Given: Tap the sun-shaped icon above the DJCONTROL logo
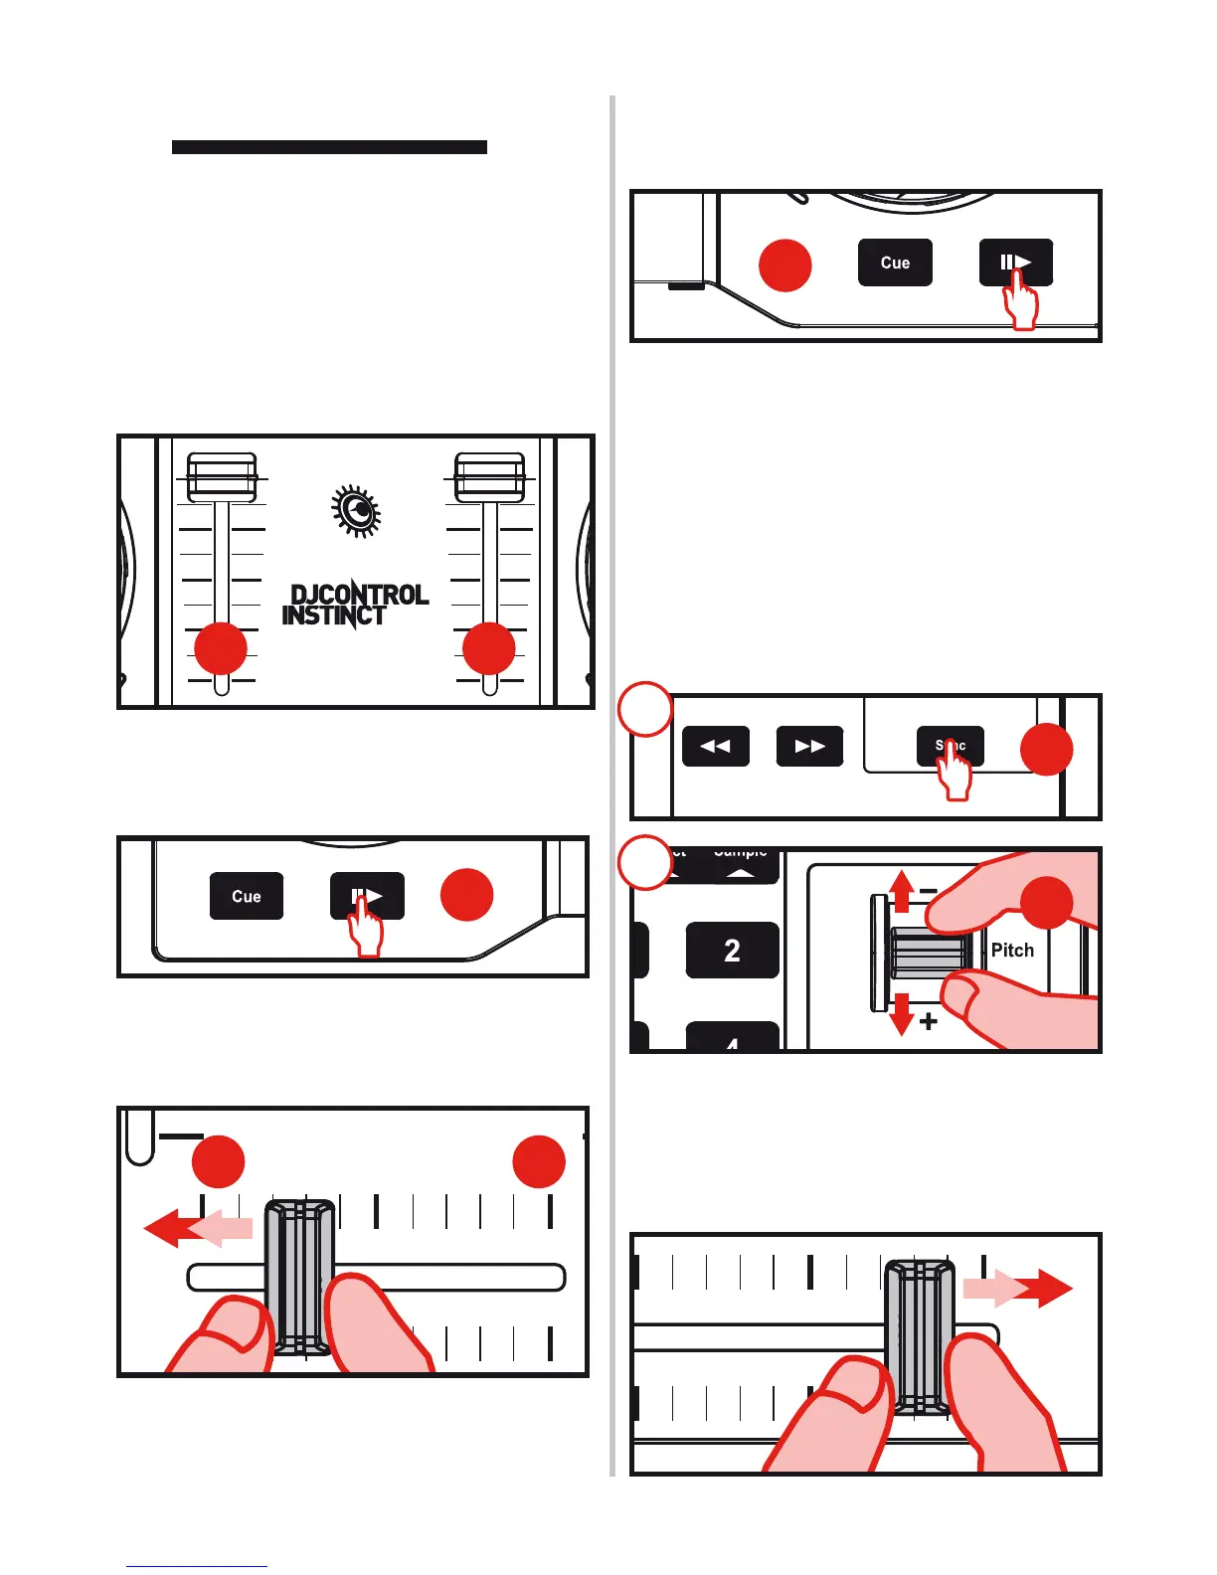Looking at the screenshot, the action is (356, 511).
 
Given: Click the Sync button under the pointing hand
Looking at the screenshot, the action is (951, 747).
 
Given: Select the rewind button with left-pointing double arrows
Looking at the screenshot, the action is (716, 747).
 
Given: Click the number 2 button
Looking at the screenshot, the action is (732, 951).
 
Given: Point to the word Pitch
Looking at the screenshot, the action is (1012, 950).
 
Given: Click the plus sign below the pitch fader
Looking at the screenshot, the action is (929, 1021).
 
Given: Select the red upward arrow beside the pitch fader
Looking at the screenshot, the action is (901, 891).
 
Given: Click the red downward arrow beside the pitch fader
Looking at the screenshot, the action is (901, 1012).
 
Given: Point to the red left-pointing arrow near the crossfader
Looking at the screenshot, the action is (174, 1229).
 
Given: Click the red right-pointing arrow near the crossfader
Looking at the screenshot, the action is (1044, 1289).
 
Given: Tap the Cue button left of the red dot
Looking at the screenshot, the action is (247, 896).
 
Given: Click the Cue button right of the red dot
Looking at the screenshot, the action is (895, 263).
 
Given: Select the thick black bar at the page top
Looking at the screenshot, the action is (329, 147).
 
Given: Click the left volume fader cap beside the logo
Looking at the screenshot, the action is (222, 477).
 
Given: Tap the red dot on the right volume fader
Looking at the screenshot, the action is (489, 649).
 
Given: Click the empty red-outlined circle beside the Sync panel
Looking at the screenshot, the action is (645, 709).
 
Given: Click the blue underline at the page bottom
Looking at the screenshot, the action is (196, 1566).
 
